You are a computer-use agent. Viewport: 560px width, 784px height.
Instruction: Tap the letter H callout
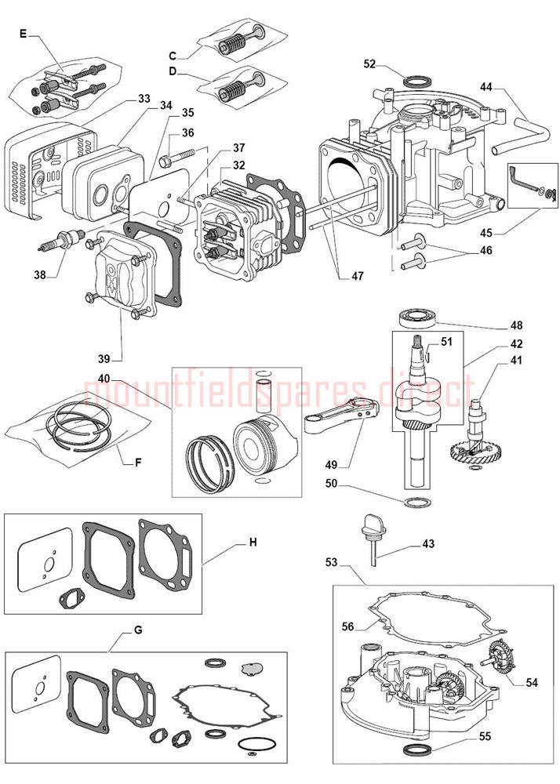point(253,542)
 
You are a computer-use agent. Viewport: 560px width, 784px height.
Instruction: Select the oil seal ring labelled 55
point(416,751)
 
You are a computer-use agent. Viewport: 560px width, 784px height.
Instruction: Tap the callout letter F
point(138,462)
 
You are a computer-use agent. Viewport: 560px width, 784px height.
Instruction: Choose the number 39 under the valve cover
point(104,358)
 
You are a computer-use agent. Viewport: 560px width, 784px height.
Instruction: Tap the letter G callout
point(139,630)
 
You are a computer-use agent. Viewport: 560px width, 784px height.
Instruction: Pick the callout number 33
point(144,99)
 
